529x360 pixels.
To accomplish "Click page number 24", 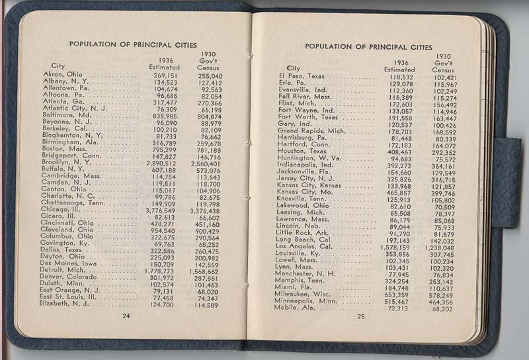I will [x=126, y=316].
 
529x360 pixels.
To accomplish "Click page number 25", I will [x=360, y=316].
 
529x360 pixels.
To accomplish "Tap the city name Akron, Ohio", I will [x=62, y=75].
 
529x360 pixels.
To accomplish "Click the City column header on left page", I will [x=58, y=66].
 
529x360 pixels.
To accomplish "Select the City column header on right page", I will [x=293, y=68].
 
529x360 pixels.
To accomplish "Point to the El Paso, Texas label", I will [x=302, y=76].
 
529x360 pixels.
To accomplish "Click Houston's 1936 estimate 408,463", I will [x=399, y=151].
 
